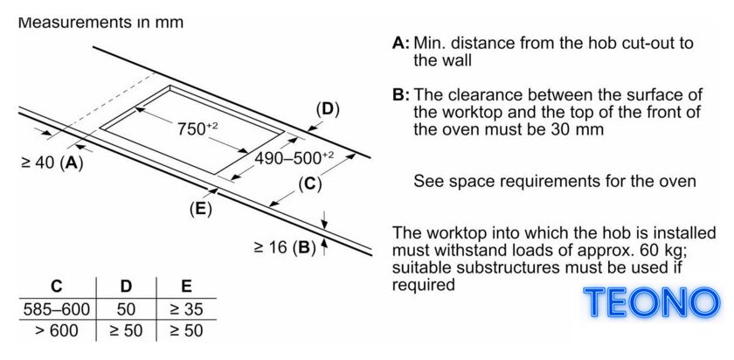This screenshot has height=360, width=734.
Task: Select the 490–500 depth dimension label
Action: pos(294,158)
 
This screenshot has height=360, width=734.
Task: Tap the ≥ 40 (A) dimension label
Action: pos(52,163)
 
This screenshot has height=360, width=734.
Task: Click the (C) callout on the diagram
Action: pos(310,184)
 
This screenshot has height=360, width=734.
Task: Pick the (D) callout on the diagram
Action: pos(328,109)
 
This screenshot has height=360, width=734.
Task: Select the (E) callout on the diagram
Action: pos(200,209)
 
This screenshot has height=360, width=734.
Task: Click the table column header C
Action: pos(57,286)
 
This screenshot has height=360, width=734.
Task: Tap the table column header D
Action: pos(126,286)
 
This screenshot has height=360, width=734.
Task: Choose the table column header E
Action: pos(186,286)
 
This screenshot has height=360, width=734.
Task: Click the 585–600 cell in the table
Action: pos(57,309)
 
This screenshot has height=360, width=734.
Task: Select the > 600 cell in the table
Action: pos(57,331)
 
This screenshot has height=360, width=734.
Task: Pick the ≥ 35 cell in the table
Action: pos(186,309)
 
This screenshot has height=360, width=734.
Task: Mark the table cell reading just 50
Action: pos(126,309)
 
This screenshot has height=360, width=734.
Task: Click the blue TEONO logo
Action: pos(652,302)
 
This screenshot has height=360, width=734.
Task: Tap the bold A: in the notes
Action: pos(401,44)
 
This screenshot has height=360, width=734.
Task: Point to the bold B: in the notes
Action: pos(401,95)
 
